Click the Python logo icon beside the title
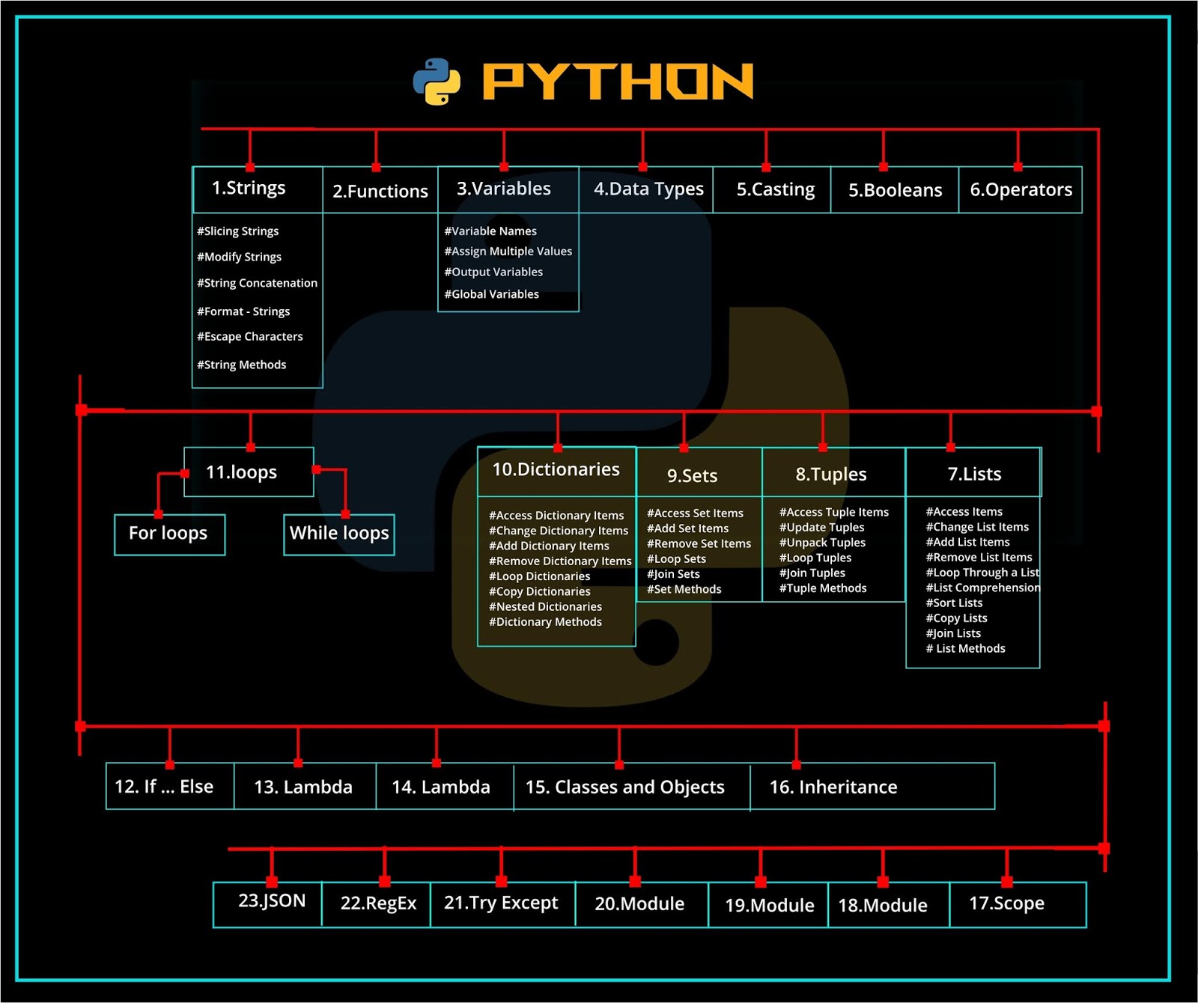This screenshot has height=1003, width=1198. [437, 82]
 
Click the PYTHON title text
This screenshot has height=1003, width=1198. [618, 82]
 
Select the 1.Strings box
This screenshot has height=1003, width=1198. [249, 188]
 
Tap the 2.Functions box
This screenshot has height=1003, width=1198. [380, 191]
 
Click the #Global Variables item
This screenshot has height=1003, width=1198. [491, 294]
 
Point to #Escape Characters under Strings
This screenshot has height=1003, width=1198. [249, 337]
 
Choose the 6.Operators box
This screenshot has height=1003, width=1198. [1021, 190]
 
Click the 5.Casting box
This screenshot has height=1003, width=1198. [775, 190]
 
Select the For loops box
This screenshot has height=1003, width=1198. [168, 534]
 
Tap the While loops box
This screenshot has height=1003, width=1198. [339, 534]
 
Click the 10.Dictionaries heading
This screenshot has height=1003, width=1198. [556, 470]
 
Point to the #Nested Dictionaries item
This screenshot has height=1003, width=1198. [545, 607]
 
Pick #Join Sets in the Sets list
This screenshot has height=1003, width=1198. [673, 574]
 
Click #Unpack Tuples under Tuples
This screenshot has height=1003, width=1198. [822, 543]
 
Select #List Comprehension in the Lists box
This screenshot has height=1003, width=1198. [982, 588]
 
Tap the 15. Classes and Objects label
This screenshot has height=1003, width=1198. [625, 787]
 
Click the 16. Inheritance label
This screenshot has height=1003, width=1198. [833, 787]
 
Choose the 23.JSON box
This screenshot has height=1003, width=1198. [271, 901]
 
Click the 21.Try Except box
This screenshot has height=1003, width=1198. [501, 903]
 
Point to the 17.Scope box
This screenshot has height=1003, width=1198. [1006, 904]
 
